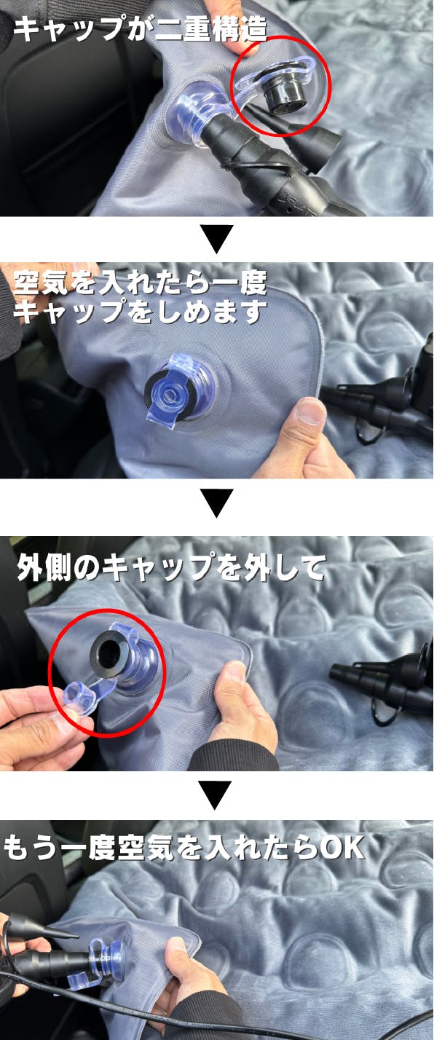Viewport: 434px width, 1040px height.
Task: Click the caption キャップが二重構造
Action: point(141,30)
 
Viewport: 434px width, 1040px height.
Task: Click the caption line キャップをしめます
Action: point(140,310)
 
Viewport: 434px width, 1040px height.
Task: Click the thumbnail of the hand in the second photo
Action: point(312,411)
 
